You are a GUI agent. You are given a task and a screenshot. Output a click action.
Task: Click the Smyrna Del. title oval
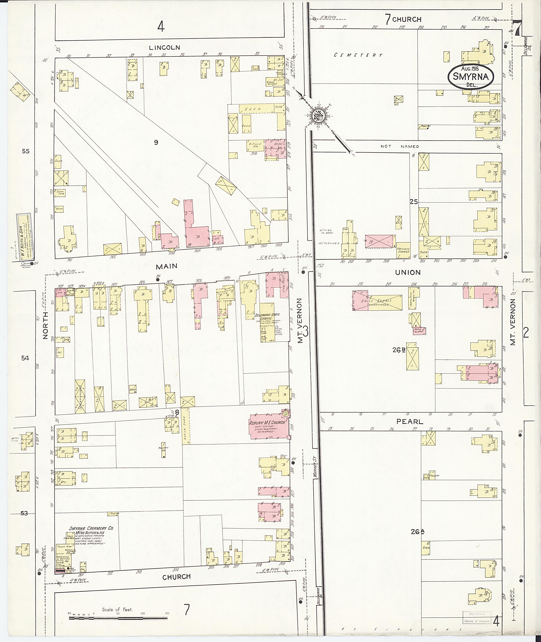470,76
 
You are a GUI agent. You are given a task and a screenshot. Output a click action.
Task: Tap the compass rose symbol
317,116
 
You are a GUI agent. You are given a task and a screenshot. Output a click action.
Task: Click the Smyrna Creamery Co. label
91,528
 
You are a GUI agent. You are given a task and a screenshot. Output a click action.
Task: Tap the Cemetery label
358,55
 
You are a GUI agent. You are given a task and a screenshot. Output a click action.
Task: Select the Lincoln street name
164,48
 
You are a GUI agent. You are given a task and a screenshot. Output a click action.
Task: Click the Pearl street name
409,422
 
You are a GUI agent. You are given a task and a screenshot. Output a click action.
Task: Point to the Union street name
408,272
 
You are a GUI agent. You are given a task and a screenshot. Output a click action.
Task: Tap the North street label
46,325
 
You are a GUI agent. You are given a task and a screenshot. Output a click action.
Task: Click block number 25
414,202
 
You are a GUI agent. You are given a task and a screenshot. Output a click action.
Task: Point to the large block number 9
156,142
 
